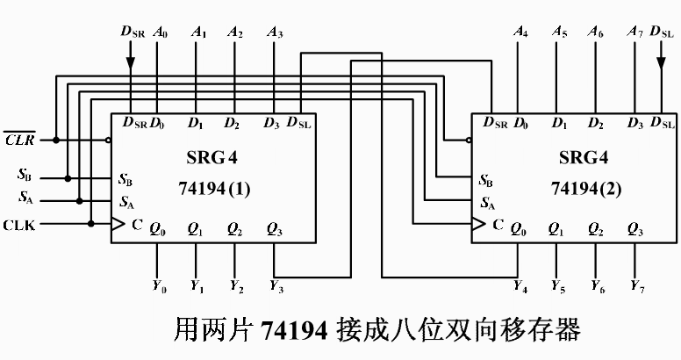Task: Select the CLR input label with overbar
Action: pyautogui.click(x=19, y=140)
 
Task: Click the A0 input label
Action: pyautogui.click(x=160, y=32)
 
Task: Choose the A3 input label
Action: pyautogui.click(x=275, y=32)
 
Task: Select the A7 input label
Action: pyautogui.click(x=636, y=32)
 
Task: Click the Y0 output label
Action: pyautogui.click(x=158, y=287)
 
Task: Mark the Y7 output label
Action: pyautogui.click(x=636, y=287)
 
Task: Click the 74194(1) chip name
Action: pyautogui.click(x=215, y=189)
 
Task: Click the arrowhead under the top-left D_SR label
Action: pyautogui.click(x=130, y=63)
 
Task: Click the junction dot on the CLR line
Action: pyautogui.click(x=55, y=140)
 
